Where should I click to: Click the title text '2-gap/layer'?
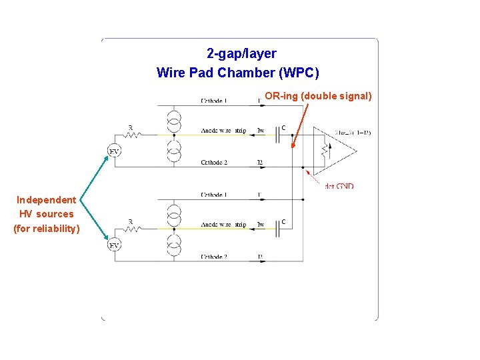click(x=241, y=53)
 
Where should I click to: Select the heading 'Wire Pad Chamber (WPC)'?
click(x=238, y=72)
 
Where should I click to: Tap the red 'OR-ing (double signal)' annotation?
click(x=318, y=96)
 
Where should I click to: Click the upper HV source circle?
click(x=115, y=152)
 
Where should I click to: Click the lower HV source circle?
click(x=115, y=246)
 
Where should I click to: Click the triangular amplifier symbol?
click(x=337, y=150)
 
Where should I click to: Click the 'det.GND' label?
click(x=339, y=186)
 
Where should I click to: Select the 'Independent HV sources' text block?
click(x=47, y=214)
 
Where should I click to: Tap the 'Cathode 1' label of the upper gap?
click(x=214, y=101)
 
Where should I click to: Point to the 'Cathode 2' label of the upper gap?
click(x=214, y=163)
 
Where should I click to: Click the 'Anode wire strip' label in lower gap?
click(x=223, y=225)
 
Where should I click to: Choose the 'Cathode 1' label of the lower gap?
click(x=214, y=195)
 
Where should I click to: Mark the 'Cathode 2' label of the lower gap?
click(x=214, y=257)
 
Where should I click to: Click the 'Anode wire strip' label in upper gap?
click(x=223, y=131)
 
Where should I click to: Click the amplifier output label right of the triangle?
click(x=353, y=133)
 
